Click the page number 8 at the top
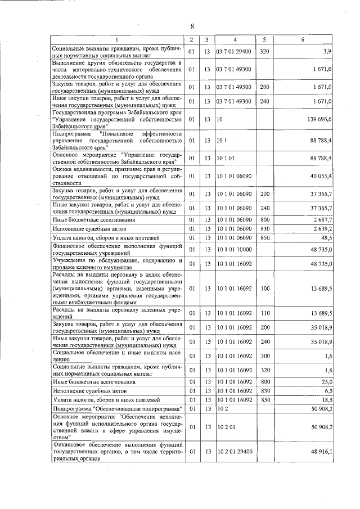tap(192, 26)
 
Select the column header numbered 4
tap(235, 39)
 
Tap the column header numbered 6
tap(303, 39)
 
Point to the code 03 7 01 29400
tap(236, 52)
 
